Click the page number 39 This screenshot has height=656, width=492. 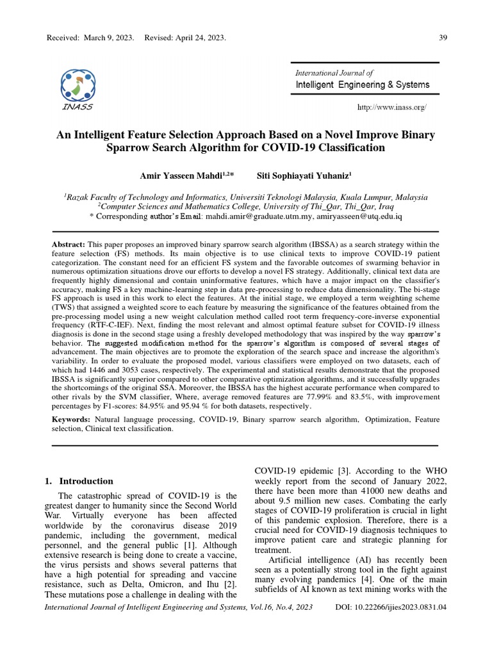coord(442,38)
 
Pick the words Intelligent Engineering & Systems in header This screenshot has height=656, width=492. coord(362,85)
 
